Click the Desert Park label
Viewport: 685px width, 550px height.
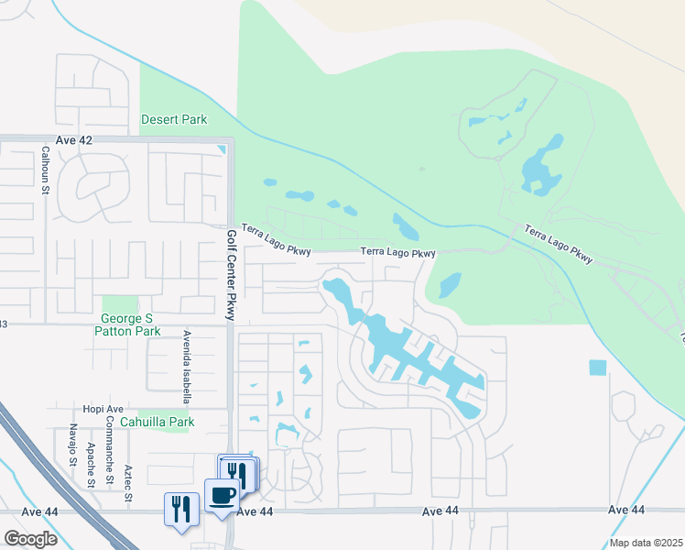[174, 119]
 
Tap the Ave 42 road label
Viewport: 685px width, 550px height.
[74, 139]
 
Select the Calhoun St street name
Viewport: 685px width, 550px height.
[44, 170]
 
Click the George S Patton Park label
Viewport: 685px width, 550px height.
[127, 324]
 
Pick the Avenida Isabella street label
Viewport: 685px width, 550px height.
[186, 367]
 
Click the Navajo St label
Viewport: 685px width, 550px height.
[71, 445]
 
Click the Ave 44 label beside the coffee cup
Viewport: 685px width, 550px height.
[255, 511]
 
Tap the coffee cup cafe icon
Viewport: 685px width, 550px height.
[223, 496]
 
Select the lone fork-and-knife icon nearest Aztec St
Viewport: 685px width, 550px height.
[180, 508]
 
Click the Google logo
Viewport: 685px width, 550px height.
[30, 539]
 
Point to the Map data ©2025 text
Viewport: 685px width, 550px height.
[645, 543]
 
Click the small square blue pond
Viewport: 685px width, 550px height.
[597, 368]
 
